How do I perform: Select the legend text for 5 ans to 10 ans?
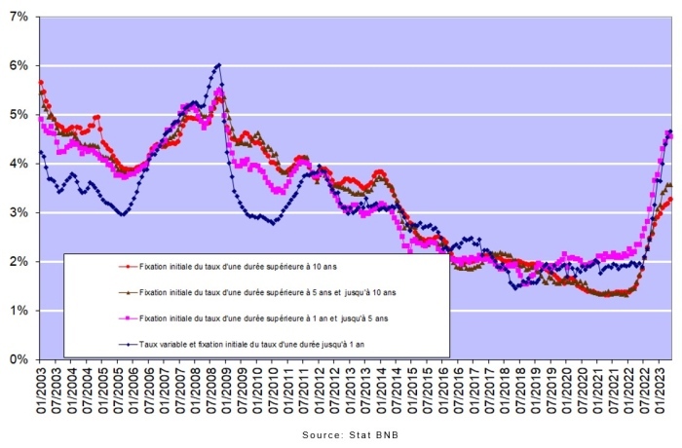269,290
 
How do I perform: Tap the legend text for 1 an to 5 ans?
263,317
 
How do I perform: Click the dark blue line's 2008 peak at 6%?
218,65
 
